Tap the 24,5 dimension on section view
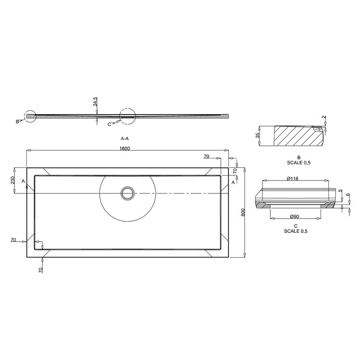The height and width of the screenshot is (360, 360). [96, 102]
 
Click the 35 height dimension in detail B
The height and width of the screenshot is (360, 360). [257, 136]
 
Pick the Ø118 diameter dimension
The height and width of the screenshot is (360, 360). [293, 179]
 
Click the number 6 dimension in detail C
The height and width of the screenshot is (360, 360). [347, 208]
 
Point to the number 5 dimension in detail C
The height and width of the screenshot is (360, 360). [340, 192]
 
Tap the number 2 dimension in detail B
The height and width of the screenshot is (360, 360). [324, 118]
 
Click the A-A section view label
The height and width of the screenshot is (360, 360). [125, 138]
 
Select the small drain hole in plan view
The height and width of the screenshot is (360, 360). [128, 193]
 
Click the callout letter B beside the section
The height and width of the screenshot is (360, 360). [17, 121]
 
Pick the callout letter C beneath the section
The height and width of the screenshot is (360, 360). [109, 124]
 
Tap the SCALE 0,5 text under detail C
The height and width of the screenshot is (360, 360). [295, 231]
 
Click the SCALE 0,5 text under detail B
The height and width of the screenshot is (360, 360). [298, 162]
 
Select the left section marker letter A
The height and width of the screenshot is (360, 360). [23, 180]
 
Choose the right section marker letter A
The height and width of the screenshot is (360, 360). [233, 182]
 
